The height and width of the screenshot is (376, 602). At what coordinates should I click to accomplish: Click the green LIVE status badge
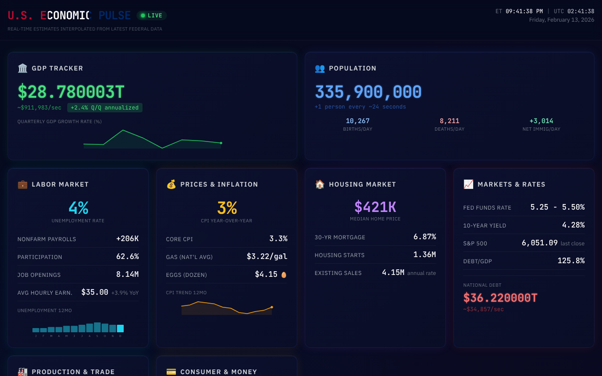(x=151, y=16)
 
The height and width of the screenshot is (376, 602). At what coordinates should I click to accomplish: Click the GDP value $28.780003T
(x=71, y=92)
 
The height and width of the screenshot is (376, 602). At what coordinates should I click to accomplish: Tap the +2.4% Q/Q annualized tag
(x=104, y=108)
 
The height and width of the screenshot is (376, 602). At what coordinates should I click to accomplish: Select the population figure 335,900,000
(x=368, y=92)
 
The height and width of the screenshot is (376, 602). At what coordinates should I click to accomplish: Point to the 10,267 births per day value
(x=357, y=121)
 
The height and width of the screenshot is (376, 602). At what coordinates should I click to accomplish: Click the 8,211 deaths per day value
(x=449, y=121)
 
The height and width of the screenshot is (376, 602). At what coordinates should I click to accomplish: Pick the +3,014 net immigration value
(x=541, y=121)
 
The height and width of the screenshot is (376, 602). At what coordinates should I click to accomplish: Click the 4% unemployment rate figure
(x=78, y=208)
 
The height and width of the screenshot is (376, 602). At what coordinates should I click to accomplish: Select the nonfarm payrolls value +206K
(x=127, y=239)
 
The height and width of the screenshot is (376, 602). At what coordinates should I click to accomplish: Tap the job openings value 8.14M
(x=127, y=274)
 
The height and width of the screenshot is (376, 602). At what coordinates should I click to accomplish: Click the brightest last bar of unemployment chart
(x=120, y=329)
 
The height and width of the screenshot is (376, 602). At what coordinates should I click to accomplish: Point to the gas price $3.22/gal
(x=267, y=257)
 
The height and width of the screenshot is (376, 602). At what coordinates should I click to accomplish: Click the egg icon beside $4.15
(x=284, y=274)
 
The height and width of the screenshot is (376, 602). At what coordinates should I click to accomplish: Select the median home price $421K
(x=375, y=207)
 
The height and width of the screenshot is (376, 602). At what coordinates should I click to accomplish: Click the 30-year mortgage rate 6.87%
(x=424, y=237)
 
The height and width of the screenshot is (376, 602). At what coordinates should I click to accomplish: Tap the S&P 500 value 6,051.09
(x=539, y=243)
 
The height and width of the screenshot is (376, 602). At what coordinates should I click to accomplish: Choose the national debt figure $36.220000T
(x=500, y=298)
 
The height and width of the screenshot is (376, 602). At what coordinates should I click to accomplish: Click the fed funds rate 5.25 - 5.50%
(x=557, y=207)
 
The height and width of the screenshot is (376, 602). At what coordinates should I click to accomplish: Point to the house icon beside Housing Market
(x=320, y=184)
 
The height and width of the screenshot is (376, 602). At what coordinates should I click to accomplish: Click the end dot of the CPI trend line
(x=271, y=307)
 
